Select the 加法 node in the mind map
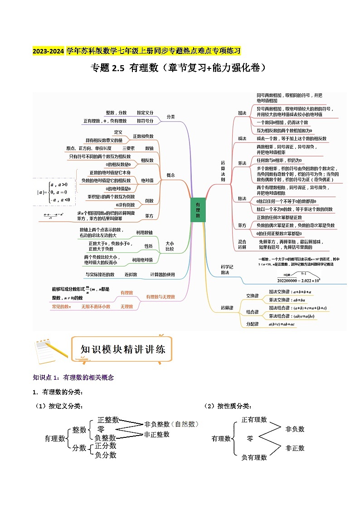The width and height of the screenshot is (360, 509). (x=242, y=112)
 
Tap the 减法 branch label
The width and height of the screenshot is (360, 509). (x=242, y=138)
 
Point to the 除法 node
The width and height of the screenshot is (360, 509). (x=242, y=199)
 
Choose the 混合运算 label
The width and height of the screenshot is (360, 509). (x=242, y=244)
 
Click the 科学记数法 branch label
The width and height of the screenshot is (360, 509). (x=225, y=269)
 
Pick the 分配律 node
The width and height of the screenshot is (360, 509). (x=252, y=324)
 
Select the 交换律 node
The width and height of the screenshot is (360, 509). (x=252, y=296)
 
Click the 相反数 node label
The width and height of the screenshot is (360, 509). (x=147, y=160)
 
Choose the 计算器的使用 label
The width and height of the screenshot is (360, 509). (x=162, y=275)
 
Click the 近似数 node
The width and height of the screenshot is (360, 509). (x=131, y=275)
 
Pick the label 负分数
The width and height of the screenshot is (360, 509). (x=106, y=455)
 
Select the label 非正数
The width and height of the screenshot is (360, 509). (x=295, y=448)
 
